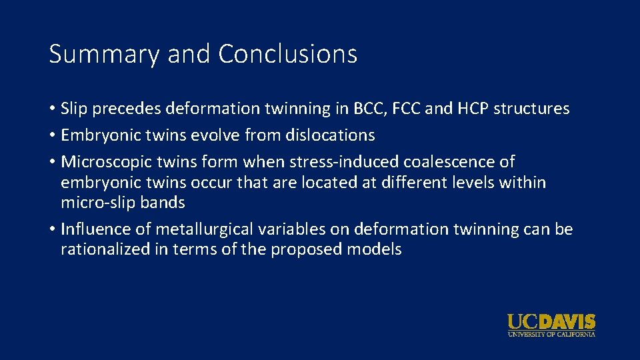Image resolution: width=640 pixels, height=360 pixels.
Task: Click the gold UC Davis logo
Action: pyautogui.click(x=551, y=322)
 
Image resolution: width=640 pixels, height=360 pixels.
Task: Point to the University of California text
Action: pyautogui.click(x=551, y=333)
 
